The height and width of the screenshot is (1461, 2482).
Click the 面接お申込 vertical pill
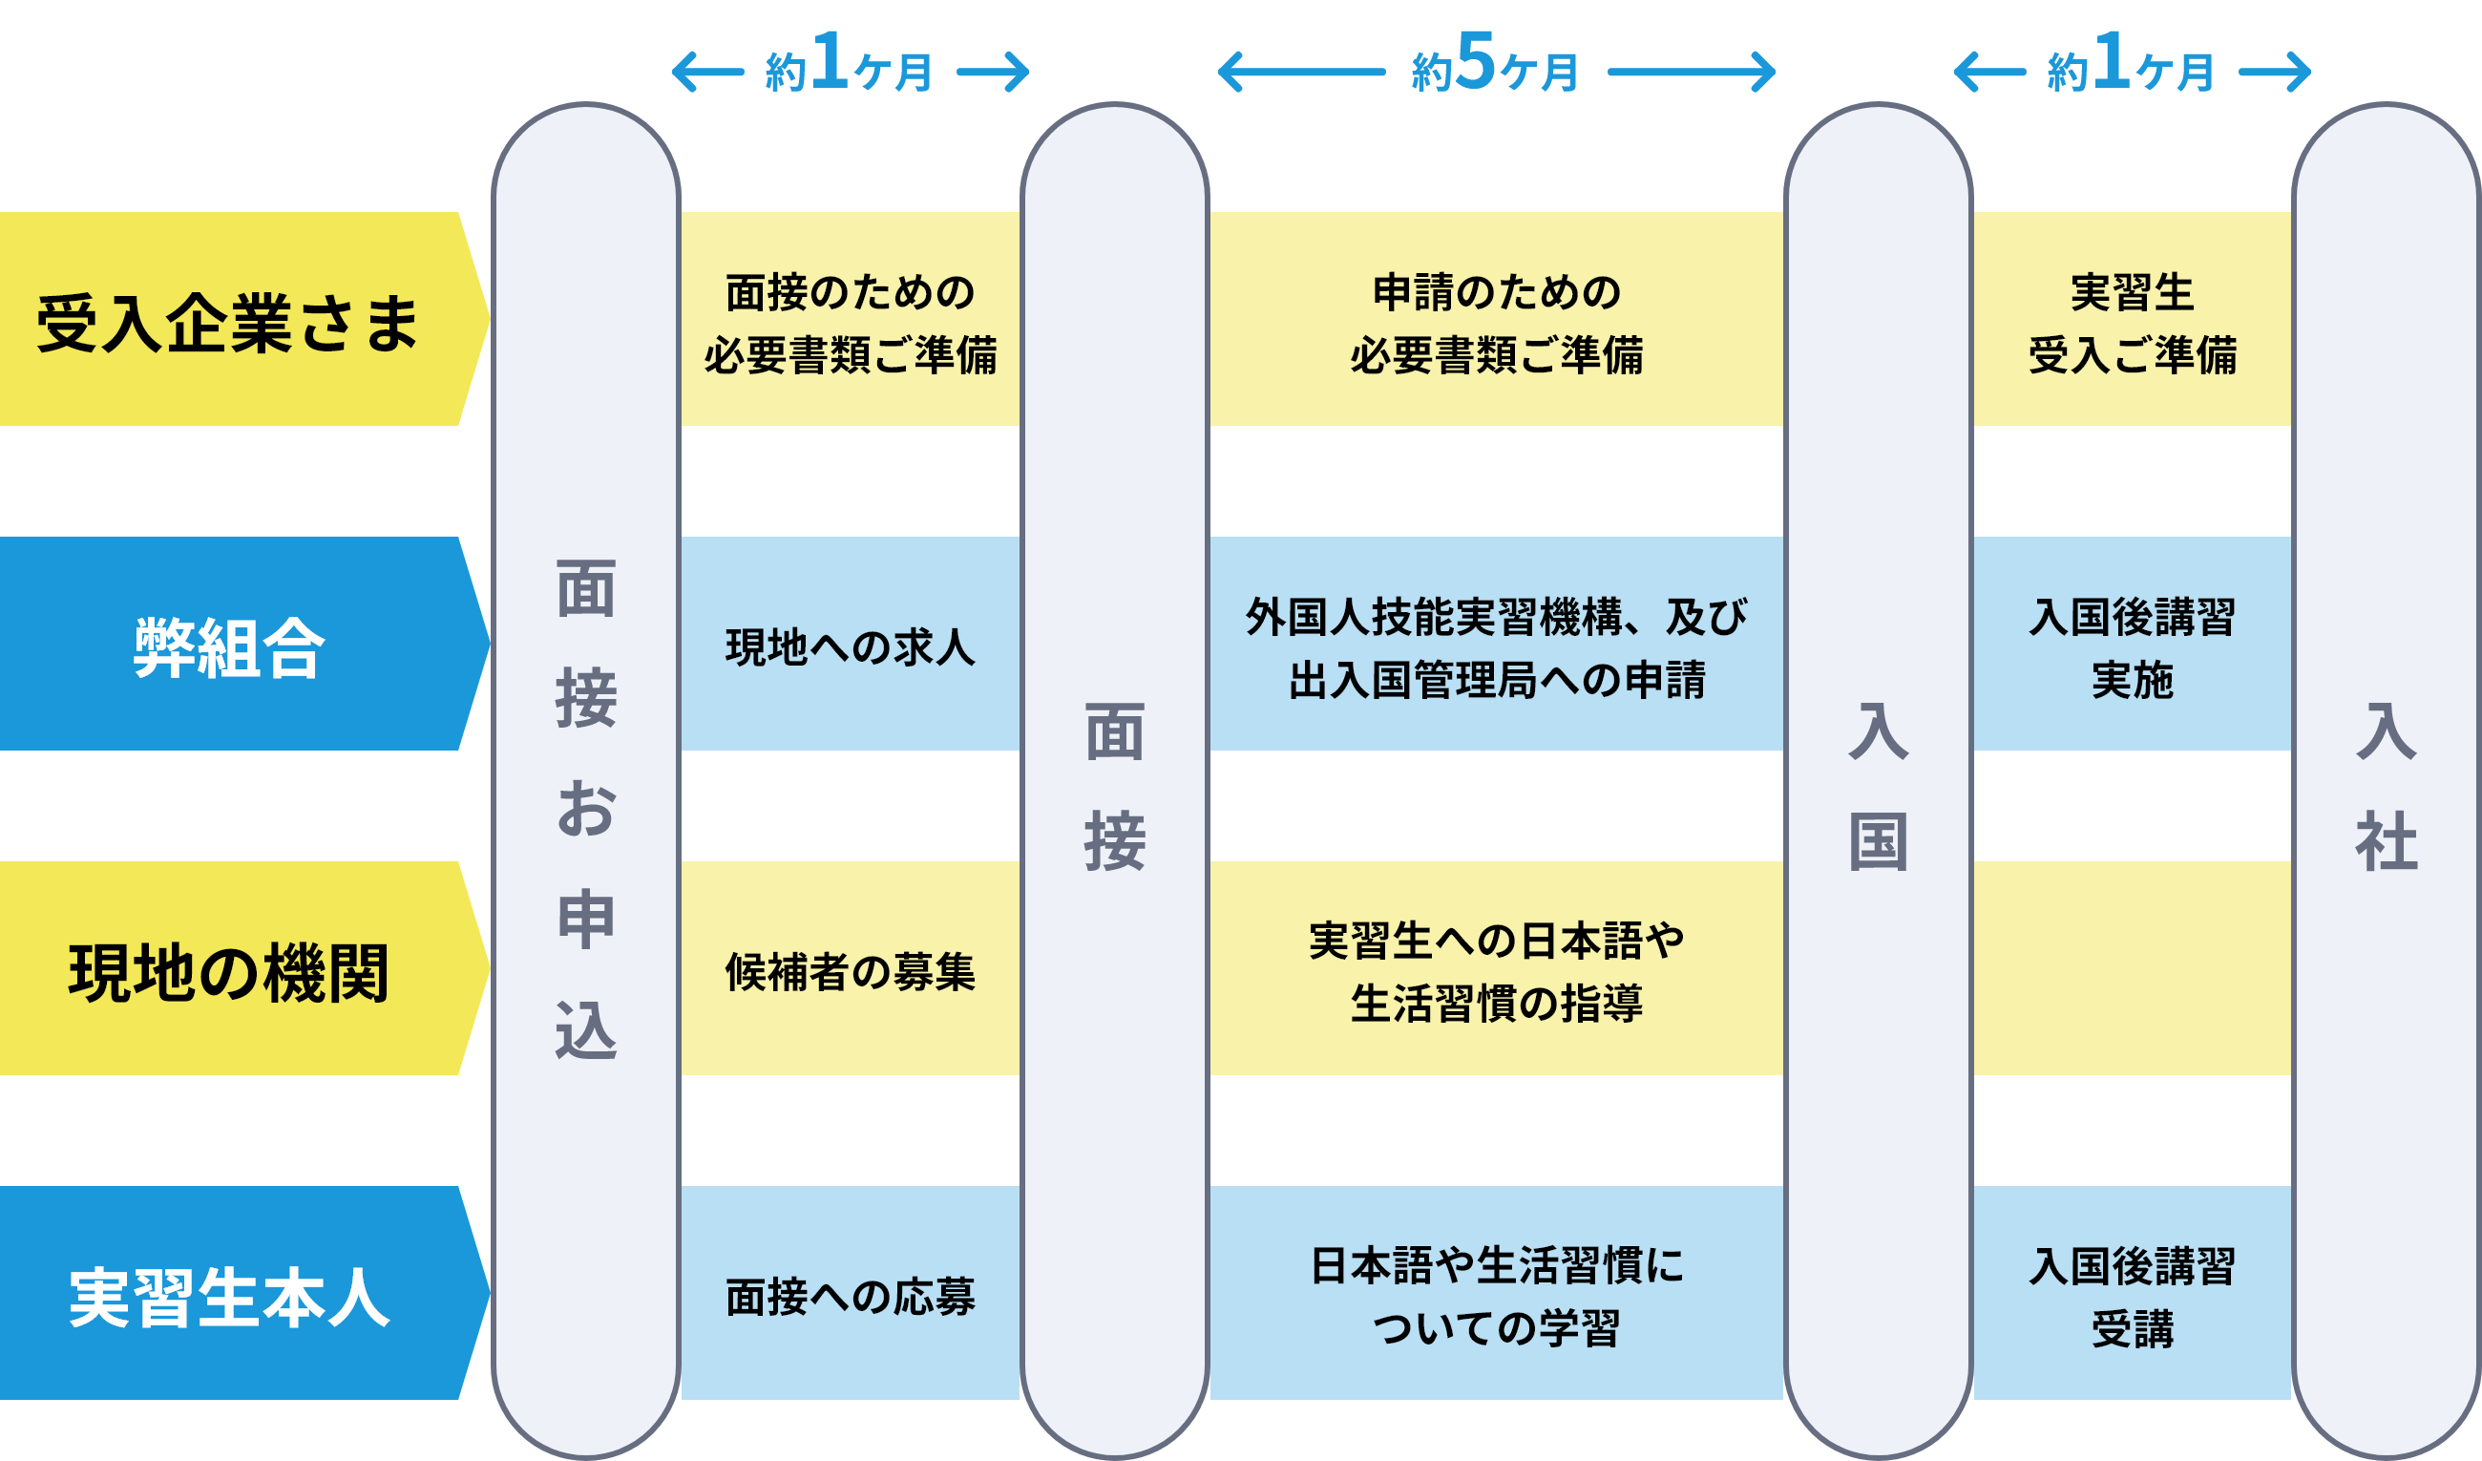pos(586,808)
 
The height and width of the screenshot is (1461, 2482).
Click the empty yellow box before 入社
pos(2132,968)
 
